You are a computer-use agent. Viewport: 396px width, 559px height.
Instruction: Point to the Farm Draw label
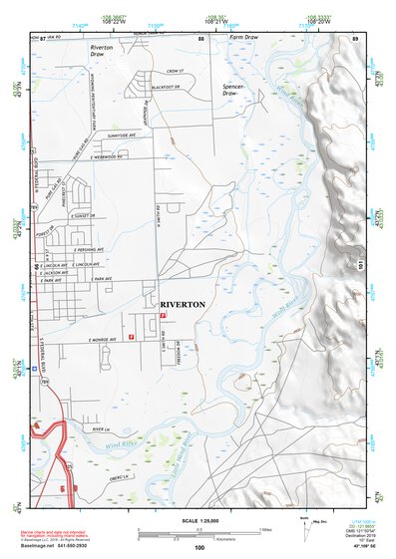click(x=243, y=37)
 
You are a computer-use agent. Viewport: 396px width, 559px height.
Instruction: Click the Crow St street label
click(x=176, y=72)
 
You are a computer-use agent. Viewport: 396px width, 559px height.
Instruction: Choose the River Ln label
click(x=98, y=430)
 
